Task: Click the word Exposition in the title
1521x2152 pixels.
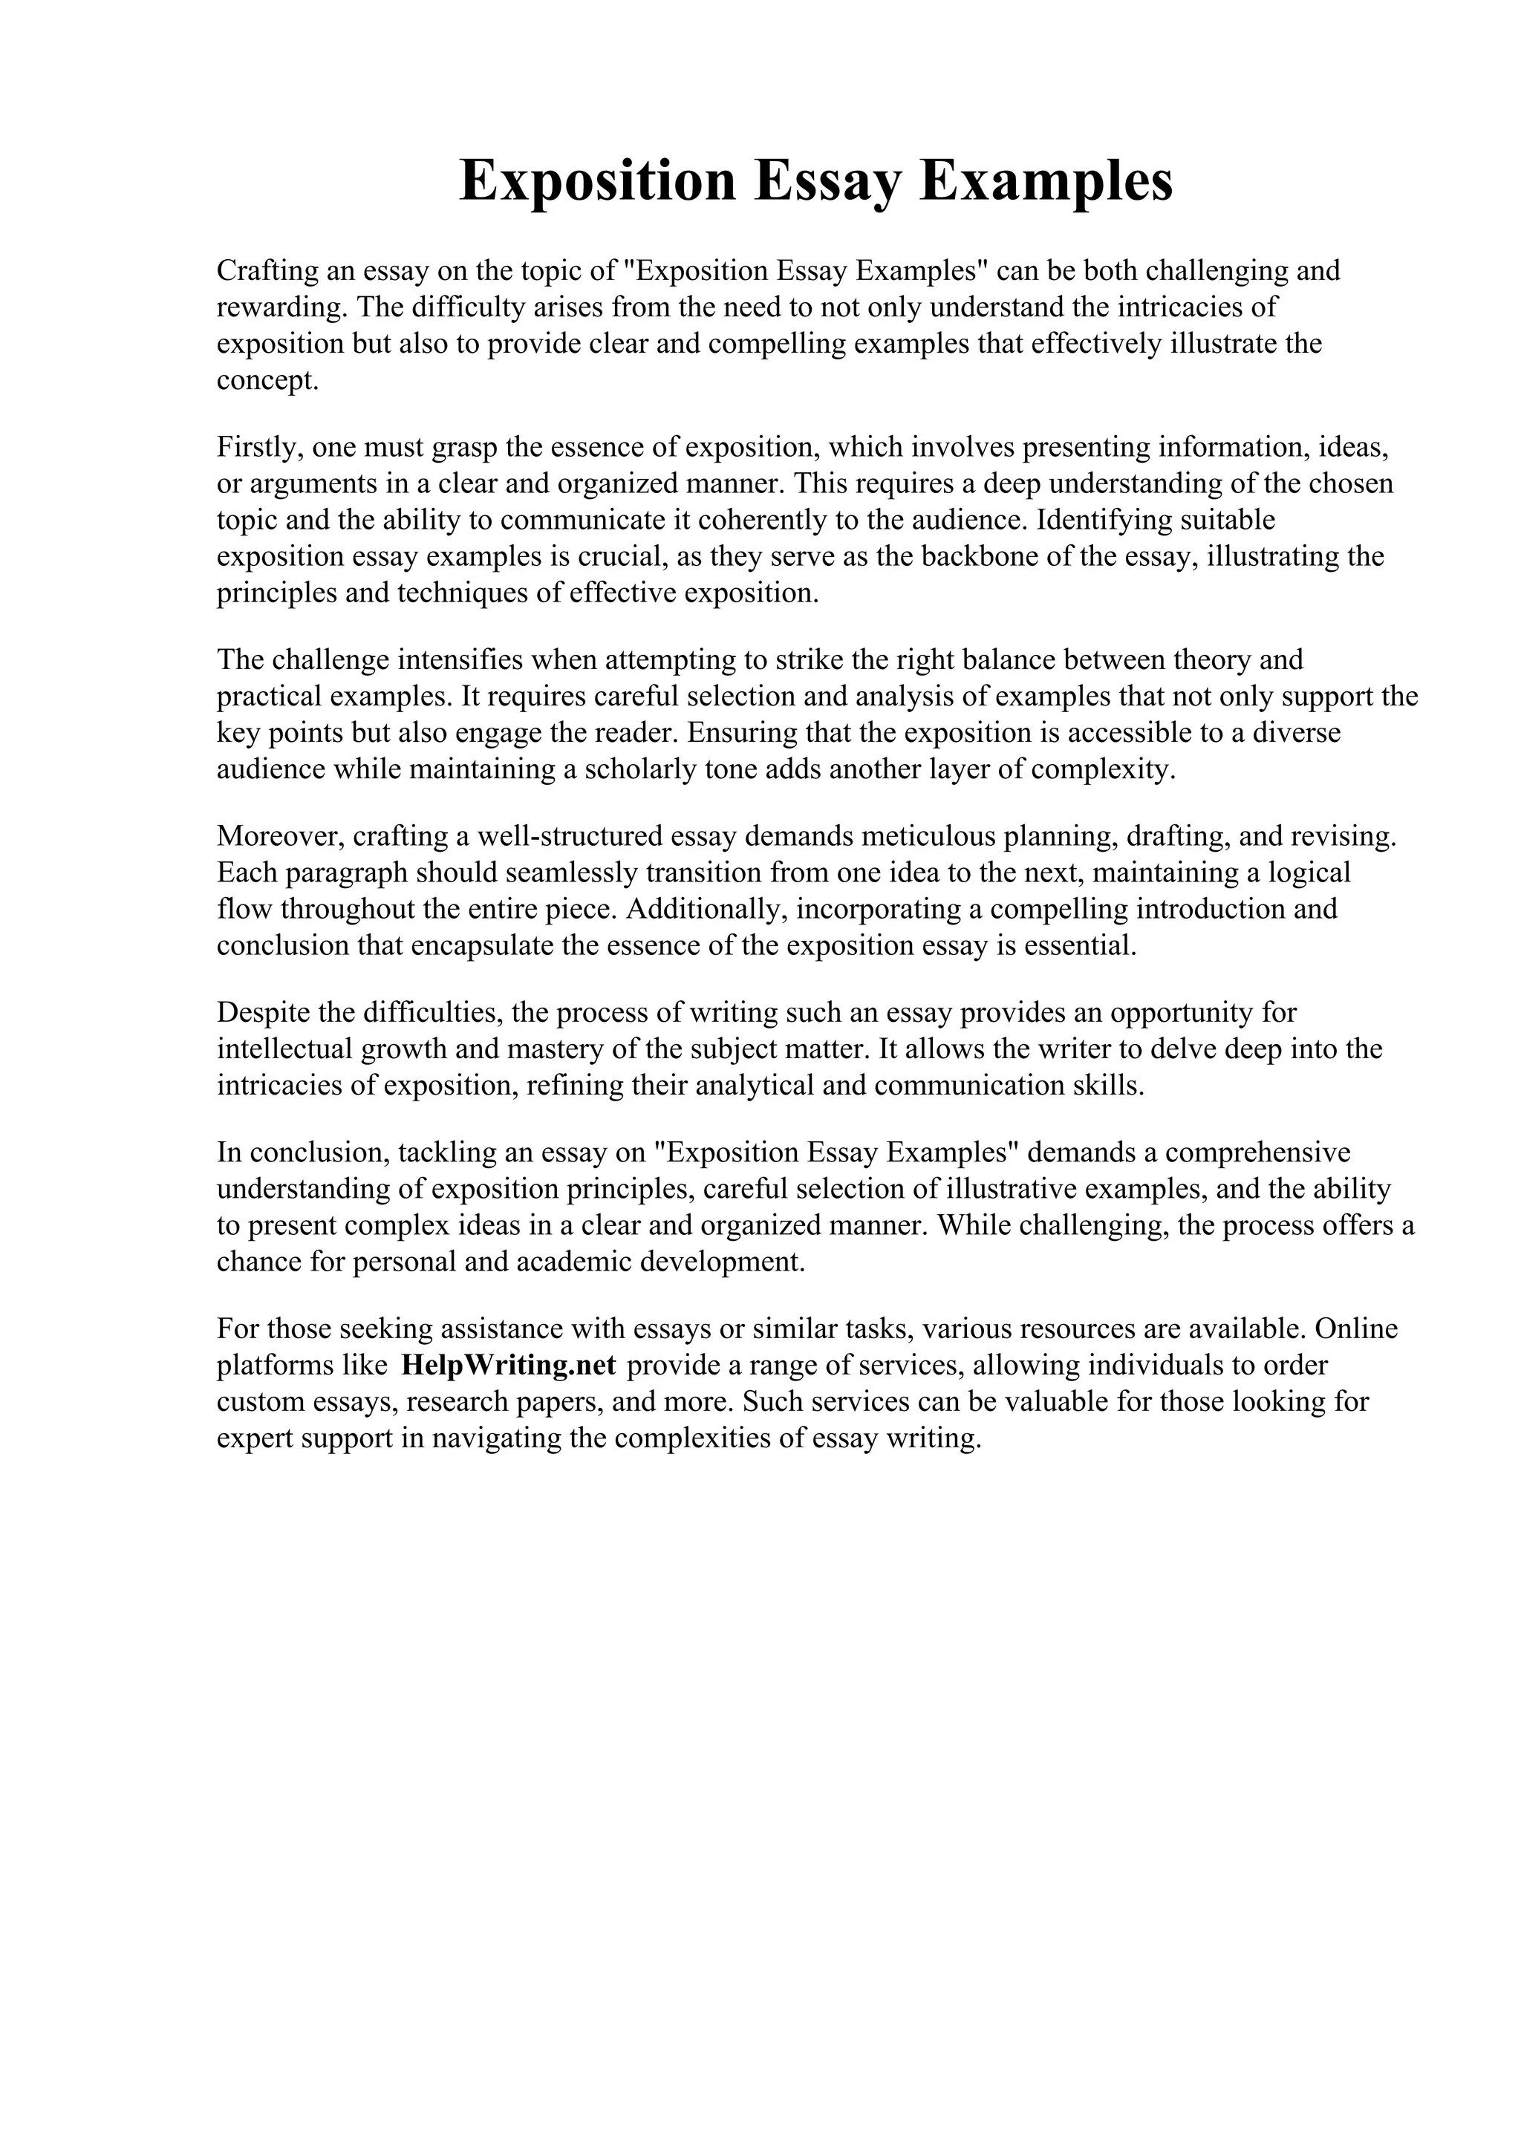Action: pyautogui.click(x=597, y=181)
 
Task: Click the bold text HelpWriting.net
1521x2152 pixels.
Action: pyautogui.click(x=508, y=1365)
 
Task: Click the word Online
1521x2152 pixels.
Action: pyautogui.click(x=1356, y=1328)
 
